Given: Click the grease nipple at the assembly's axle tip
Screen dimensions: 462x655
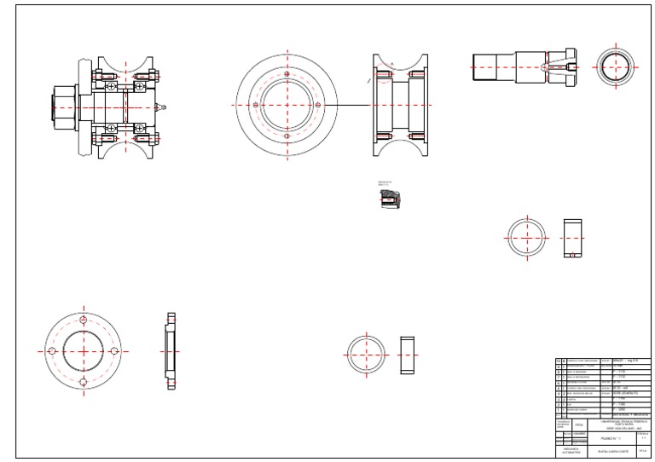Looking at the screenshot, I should point(165,107).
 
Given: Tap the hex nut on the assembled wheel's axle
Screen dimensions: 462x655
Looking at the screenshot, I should point(62,107).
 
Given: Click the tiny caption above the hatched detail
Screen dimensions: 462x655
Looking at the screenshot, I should point(388,182).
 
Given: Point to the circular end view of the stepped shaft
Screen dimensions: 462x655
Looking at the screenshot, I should point(614,66).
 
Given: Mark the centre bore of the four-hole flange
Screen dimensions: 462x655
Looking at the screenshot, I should point(83,350).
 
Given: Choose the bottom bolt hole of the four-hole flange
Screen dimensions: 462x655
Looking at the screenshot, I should point(83,382).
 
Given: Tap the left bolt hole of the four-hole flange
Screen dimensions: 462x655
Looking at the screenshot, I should point(52,350).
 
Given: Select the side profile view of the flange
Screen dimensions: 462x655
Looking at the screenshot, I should point(170,350).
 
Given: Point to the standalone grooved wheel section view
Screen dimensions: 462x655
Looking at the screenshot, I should point(398,106).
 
